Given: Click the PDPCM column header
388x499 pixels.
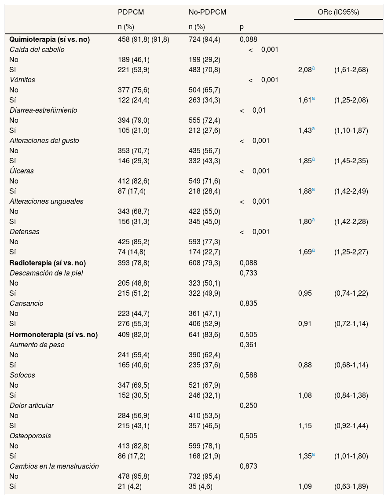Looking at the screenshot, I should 131,12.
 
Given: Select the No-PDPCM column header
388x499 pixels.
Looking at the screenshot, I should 207,12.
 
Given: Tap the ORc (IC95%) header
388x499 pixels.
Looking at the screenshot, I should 338,12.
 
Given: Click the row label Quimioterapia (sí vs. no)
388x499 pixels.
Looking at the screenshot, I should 50,40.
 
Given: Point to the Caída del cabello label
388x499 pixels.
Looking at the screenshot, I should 37,50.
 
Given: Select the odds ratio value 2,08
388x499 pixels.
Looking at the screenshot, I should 304,70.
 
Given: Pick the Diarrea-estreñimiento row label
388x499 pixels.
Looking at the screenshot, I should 44,110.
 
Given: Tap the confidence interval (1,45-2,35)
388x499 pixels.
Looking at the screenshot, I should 351,161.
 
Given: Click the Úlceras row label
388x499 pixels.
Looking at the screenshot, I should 22,171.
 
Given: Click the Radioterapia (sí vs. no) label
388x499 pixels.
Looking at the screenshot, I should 48,263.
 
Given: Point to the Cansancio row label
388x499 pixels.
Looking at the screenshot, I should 26,304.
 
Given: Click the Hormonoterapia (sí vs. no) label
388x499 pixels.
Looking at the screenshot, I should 54,335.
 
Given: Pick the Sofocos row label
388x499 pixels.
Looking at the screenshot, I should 22,375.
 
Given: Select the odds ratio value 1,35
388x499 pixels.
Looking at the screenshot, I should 304,456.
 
